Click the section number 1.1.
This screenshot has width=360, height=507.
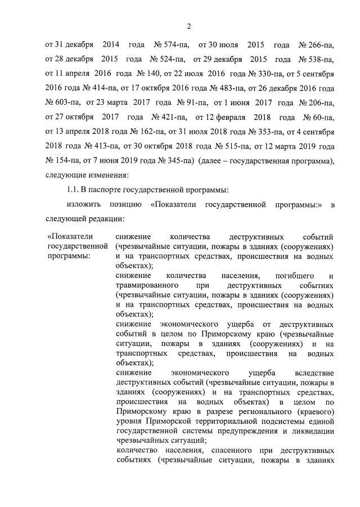(73, 190)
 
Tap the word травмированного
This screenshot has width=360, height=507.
(149, 285)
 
